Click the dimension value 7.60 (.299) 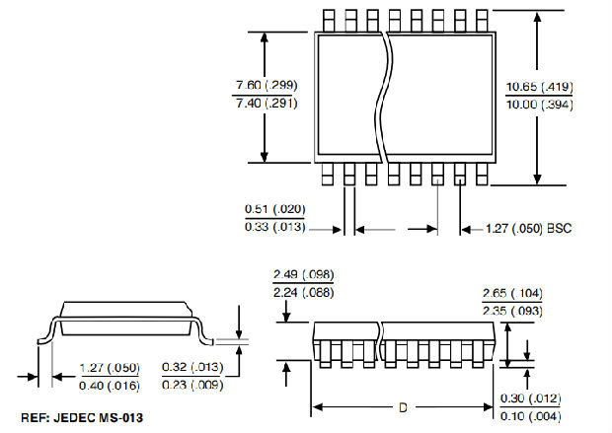tap(264, 85)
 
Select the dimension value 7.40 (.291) tap(264, 103)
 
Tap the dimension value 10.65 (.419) tap(539, 87)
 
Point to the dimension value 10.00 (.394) tap(539, 105)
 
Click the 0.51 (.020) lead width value tap(275, 209)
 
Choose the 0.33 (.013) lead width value tap(275, 228)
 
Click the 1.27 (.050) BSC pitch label tap(529, 229)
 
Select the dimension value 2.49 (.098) tap(303, 274)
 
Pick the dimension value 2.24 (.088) tap(303, 292)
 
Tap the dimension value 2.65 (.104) tap(512, 294)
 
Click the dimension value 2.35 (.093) tap(512, 312)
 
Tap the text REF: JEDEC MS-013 tap(82, 418)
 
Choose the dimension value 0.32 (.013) tap(191, 368)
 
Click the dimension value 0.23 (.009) tap(191, 386)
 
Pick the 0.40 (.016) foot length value tap(110, 386)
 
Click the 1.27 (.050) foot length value tap(110, 368)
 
